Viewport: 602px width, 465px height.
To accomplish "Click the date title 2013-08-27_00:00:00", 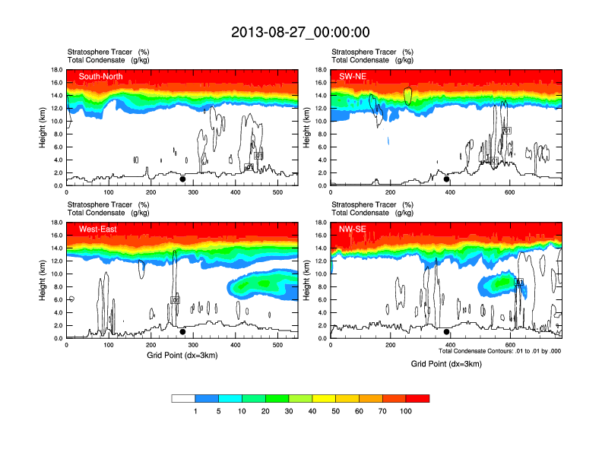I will [x=300, y=32].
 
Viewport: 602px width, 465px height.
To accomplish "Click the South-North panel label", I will [x=100, y=76].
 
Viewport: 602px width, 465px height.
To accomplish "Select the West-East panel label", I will [x=97, y=229].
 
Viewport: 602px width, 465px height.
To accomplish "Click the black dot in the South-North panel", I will [x=182, y=179].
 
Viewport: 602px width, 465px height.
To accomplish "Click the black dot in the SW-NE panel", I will [x=447, y=179].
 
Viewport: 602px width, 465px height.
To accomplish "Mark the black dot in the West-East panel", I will [x=182, y=332].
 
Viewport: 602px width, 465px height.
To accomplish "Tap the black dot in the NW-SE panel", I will [x=447, y=332].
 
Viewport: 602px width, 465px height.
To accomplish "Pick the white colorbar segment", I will [x=183, y=398].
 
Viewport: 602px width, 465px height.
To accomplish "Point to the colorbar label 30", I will [x=289, y=411].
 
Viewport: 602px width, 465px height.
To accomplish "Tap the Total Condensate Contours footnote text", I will [x=499, y=351].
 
